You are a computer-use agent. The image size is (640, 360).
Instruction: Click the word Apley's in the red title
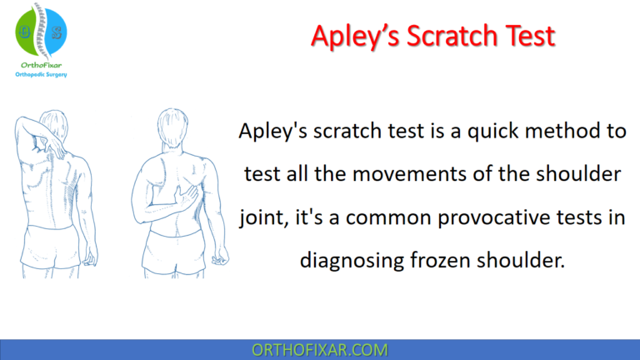pyautogui.click(x=352, y=36)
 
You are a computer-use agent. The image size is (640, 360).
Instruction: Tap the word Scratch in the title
pyautogui.click(x=447, y=36)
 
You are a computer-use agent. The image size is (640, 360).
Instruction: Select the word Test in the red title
pyautogui.click(x=526, y=36)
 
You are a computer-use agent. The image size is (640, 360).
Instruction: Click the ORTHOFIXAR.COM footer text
pyautogui.click(x=320, y=348)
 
